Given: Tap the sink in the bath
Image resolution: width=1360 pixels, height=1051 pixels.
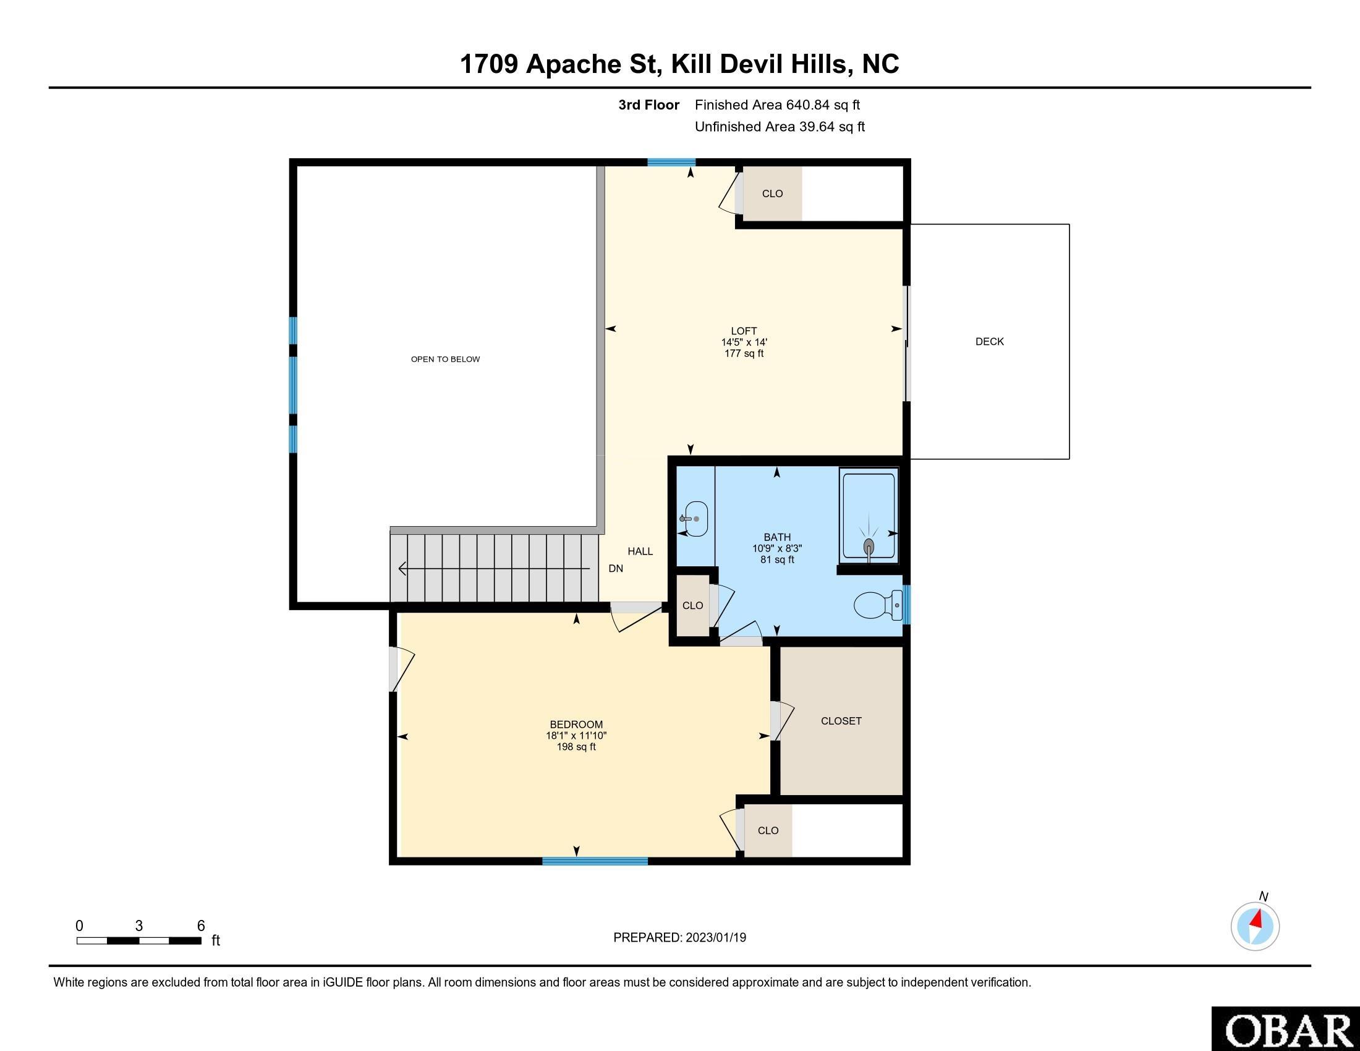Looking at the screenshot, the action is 694,518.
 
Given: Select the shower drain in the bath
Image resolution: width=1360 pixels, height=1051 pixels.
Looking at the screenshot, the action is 869,547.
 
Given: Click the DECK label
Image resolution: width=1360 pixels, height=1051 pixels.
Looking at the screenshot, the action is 990,341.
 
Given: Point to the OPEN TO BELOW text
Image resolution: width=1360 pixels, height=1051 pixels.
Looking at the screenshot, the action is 445,359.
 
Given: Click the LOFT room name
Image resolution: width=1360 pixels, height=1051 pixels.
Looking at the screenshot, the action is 744,331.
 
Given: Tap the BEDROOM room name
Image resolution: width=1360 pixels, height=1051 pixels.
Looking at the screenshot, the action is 576,724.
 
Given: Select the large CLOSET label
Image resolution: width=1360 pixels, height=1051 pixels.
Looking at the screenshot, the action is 841,720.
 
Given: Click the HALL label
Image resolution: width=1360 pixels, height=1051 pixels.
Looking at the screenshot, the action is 640,551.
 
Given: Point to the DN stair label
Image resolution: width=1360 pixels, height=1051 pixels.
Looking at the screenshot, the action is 615,568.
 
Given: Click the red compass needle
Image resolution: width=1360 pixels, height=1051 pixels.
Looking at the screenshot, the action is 1256,918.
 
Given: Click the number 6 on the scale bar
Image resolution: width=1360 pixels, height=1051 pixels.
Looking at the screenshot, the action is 200,926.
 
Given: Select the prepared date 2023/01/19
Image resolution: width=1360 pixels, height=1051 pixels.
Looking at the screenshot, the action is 715,937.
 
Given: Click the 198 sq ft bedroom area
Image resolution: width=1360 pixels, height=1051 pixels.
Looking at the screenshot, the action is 576,747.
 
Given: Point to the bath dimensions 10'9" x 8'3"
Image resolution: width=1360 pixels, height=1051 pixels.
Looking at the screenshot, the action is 777,548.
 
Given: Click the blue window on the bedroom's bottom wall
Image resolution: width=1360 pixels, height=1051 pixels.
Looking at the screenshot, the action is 595,861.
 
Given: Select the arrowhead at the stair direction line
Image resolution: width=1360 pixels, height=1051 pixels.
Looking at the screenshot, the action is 402,568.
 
